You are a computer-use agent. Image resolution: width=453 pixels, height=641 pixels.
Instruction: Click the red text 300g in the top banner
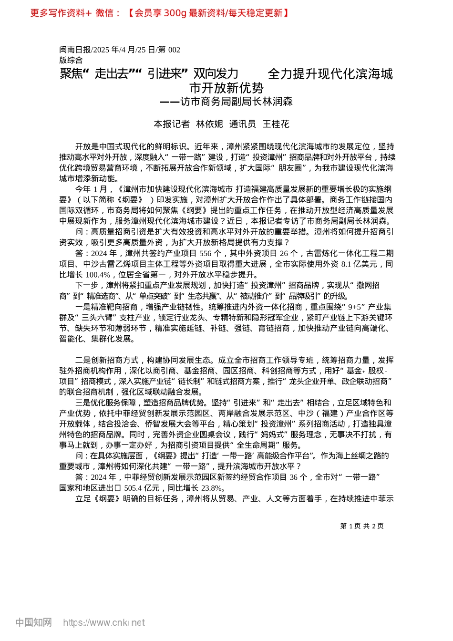(175, 13)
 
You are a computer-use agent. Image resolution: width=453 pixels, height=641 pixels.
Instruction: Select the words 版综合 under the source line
(71, 60)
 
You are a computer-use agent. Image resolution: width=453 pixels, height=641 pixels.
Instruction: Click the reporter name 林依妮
(209, 124)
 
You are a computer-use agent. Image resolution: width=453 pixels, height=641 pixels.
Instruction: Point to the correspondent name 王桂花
(276, 124)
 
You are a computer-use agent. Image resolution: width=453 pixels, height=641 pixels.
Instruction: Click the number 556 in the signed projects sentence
(206, 253)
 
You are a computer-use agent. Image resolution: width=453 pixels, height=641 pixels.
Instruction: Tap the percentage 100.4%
(98, 275)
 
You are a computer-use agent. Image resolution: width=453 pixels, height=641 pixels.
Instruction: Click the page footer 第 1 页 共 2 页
(362, 526)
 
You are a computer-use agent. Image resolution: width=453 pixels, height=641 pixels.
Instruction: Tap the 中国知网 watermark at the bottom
(33, 622)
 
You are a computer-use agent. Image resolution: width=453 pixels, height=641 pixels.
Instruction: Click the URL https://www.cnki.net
(104, 622)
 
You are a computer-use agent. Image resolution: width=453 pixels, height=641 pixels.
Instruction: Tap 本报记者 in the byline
(172, 124)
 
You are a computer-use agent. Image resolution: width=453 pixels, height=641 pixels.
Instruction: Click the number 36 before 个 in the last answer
(294, 477)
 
